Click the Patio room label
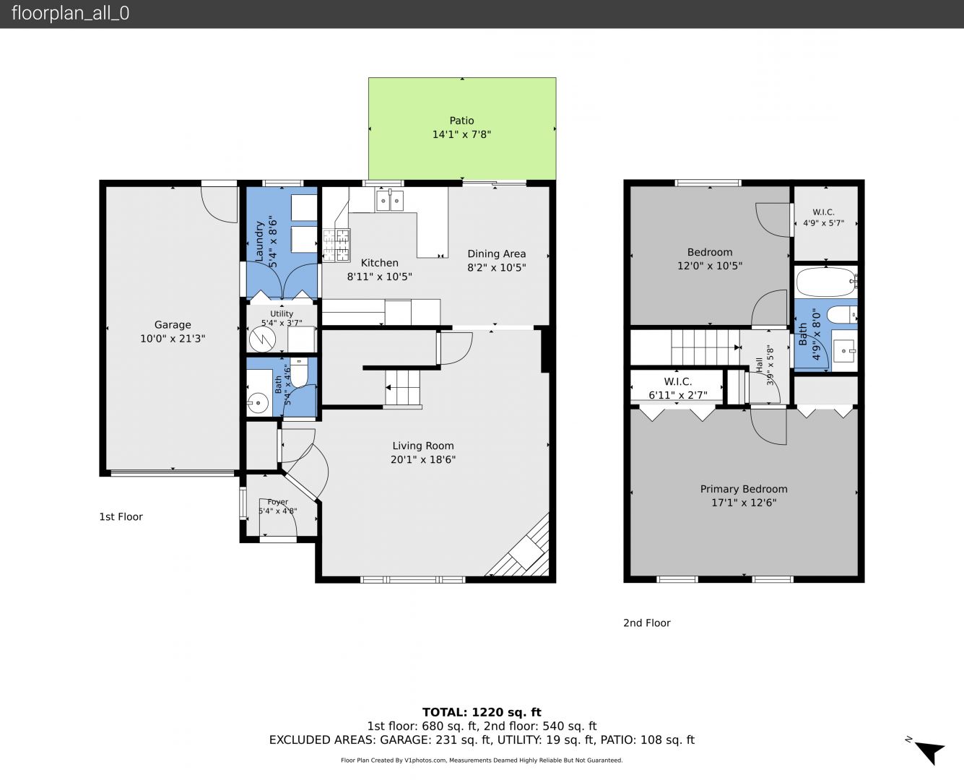(461, 121)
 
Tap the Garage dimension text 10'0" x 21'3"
(173, 339)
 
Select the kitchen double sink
(390, 201)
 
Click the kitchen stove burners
(336, 246)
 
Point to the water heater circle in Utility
(263, 339)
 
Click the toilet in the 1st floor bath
(298, 372)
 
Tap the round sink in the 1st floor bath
(257, 402)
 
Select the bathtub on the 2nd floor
(826, 282)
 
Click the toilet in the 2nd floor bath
(841, 314)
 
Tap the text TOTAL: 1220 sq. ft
(482, 712)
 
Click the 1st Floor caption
(121, 516)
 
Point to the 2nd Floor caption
(647, 623)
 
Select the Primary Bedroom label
(744, 489)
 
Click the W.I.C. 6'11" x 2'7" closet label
(677, 389)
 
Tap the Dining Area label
(497, 254)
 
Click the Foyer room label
(277, 502)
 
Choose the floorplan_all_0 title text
(71, 13)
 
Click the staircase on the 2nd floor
(705, 347)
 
